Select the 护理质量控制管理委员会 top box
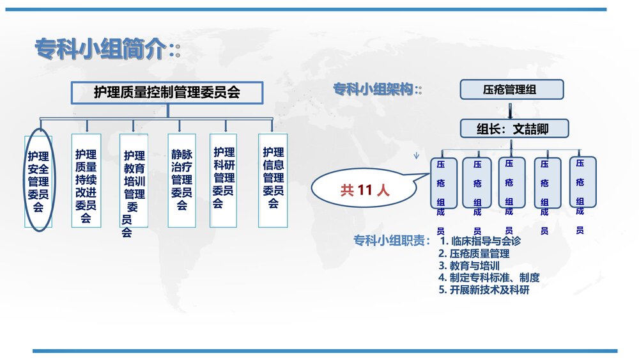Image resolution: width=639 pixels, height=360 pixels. tap(167, 93)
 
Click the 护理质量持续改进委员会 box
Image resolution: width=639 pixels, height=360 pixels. tap(86, 181)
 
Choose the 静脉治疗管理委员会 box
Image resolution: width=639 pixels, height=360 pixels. tap(181, 181)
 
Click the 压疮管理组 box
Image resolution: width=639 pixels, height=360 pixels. tap(512, 90)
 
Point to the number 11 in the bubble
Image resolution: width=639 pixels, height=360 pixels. tap(365, 190)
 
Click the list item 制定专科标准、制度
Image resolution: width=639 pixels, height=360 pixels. tap(489, 278)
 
